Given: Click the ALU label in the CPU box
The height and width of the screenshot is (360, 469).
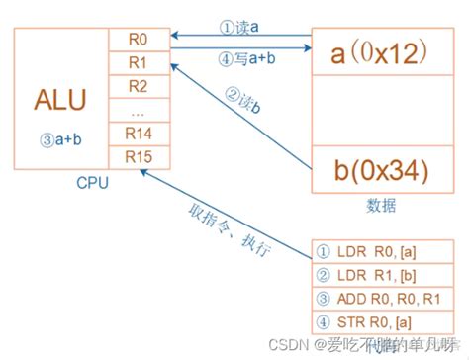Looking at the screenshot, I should point(59,101).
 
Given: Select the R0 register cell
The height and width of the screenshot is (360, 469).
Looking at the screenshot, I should point(138,41).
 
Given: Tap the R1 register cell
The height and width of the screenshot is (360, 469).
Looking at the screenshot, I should point(138,63).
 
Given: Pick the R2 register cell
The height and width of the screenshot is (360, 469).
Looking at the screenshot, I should point(138,86).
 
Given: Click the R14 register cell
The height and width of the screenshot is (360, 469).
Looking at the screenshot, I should point(138,133).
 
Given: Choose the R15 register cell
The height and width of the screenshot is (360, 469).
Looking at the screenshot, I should point(138,156).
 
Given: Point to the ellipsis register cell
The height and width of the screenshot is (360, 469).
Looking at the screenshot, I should point(138,110).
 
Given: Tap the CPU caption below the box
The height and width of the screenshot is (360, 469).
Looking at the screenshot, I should point(91,183).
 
